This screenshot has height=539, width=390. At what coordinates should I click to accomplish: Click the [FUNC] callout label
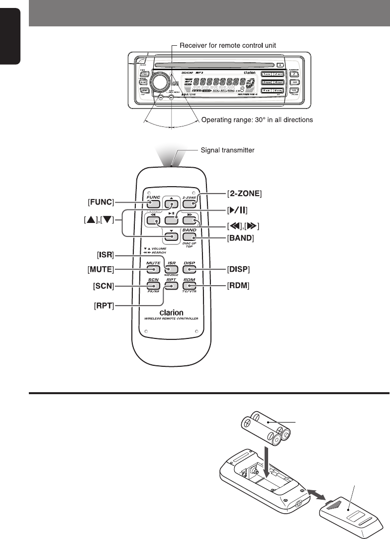pos(101,202)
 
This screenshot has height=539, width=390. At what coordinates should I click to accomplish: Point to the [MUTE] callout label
pos(100,270)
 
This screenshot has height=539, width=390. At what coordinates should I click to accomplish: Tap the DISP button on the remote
pos(189,270)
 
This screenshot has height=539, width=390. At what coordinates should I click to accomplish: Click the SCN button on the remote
pos(153,287)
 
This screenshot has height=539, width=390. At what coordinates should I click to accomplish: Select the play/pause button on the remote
pos(171,219)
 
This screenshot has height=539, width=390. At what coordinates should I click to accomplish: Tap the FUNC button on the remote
pos(153,204)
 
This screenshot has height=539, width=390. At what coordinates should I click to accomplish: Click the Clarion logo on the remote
pos(171,313)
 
